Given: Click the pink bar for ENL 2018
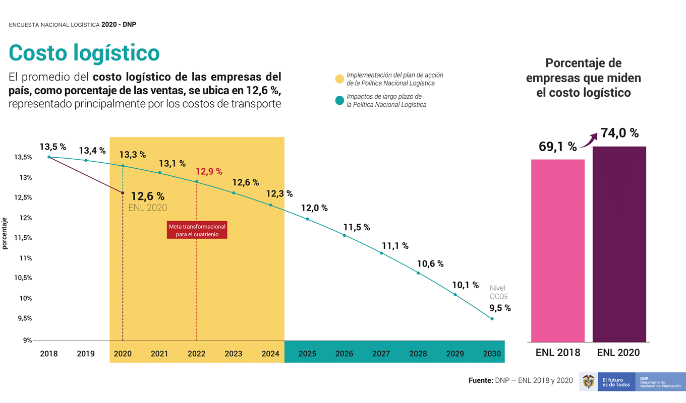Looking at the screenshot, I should coord(557,250).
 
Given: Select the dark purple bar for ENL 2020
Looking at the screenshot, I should coord(619,244).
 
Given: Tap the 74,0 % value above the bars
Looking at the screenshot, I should coord(619,133).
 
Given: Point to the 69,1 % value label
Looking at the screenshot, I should coord(557,147).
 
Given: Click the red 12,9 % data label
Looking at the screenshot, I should coord(209,171).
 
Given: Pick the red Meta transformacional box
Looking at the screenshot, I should coord(197,230).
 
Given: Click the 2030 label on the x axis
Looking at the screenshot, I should coord(492,354).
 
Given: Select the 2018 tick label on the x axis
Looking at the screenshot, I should coord(49,354).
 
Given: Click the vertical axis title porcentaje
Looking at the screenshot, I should coord(5,233).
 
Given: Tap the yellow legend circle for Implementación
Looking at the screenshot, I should coord(339,79).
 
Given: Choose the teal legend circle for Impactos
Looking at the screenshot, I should coord(339,100).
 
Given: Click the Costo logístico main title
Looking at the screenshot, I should coord(84,53).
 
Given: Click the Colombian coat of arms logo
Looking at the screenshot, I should coord(588,381).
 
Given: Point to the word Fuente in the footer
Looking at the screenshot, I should coord(480,381).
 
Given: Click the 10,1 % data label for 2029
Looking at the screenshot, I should coord(465,285).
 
